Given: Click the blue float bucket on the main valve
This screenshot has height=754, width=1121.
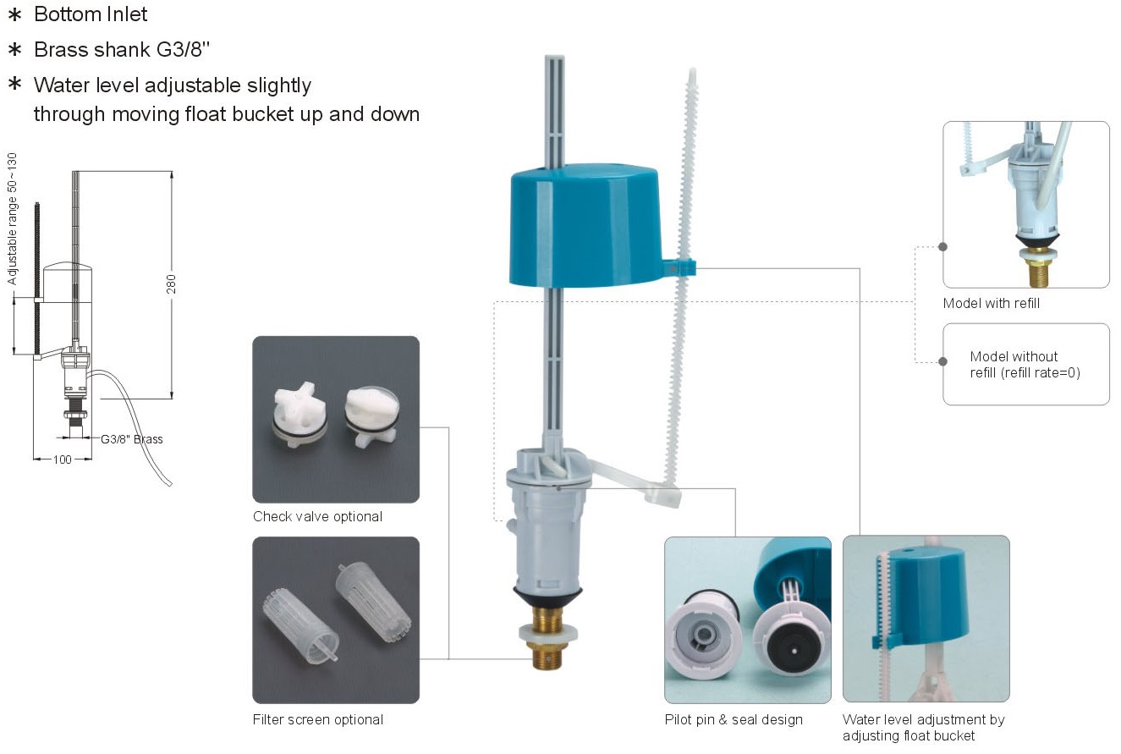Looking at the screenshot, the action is (x=585, y=225).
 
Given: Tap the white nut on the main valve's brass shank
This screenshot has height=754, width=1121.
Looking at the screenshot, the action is (x=548, y=633).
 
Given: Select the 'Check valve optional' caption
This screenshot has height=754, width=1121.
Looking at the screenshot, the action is (x=317, y=517).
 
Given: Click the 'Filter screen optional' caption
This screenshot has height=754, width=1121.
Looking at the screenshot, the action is (x=318, y=720).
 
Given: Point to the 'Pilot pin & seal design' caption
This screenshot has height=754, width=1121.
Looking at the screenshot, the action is (x=734, y=720).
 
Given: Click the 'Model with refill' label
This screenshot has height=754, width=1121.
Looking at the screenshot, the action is (x=991, y=304).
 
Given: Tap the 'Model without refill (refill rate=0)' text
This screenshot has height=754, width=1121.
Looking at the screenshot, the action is (x=1025, y=365).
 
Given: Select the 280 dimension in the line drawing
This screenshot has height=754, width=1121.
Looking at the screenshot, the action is (x=171, y=283).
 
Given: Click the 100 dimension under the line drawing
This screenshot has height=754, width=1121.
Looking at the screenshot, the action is (x=63, y=460).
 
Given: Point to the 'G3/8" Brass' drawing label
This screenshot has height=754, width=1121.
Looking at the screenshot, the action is (x=132, y=439).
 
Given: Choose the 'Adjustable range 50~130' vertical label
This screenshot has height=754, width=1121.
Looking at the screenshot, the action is (x=12, y=219).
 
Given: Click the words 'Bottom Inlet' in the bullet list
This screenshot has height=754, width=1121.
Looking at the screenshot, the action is (x=91, y=14).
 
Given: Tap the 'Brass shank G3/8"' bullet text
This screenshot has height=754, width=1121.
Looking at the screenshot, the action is (x=122, y=50).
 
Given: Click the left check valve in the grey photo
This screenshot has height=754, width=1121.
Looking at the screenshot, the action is (x=299, y=414).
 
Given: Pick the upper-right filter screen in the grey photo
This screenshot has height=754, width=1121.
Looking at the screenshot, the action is (x=373, y=603).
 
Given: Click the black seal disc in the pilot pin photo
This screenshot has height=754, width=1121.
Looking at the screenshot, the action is (x=794, y=650).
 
